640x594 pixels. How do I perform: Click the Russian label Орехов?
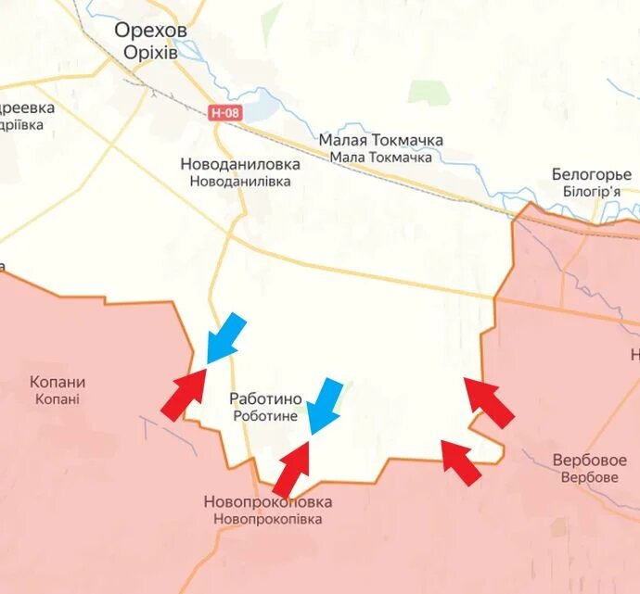pyautogui.click(x=151, y=31)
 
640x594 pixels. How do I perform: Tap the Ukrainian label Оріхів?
pyautogui.click(x=150, y=52)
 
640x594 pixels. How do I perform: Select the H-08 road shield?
pyautogui.click(x=224, y=112)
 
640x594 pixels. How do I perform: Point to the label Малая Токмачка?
pyautogui.click(x=380, y=140)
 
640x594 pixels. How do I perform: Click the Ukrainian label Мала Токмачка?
pyautogui.click(x=380, y=158)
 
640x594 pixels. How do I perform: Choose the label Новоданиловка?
pyautogui.click(x=240, y=164)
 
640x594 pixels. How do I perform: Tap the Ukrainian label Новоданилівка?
pyautogui.click(x=240, y=182)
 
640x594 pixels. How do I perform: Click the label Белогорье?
pyautogui.click(x=591, y=174)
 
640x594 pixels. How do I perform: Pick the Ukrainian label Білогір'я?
pyautogui.click(x=591, y=191)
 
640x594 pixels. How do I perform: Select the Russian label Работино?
pyautogui.click(x=265, y=398)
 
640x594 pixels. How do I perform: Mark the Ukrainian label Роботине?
pyautogui.click(x=265, y=416)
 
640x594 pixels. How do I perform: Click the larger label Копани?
pyautogui.click(x=58, y=382)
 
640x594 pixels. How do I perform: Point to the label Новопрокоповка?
pyautogui.click(x=267, y=502)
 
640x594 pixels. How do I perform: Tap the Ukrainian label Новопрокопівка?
pyautogui.click(x=267, y=520)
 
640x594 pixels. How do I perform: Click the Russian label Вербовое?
pyautogui.click(x=589, y=460)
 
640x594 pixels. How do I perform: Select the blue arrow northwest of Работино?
pyautogui.click(x=225, y=337)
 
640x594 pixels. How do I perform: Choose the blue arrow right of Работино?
pyautogui.click(x=325, y=406)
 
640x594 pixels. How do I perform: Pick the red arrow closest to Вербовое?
pyautogui.click(x=462, y=463)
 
